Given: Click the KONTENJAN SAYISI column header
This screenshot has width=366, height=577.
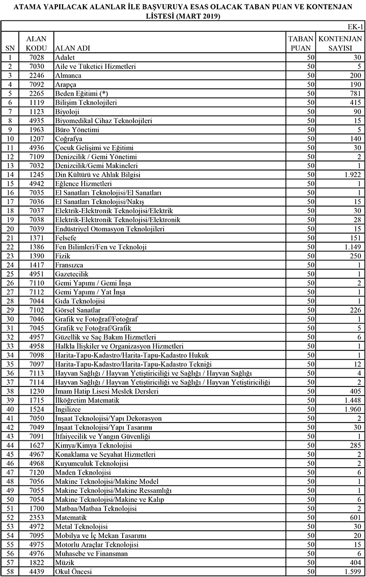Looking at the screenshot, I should click(x=340, y=44).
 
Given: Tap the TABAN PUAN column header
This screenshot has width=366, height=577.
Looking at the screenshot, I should click(x=300, y=44).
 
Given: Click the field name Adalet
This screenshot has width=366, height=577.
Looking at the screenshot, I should click(x=65, y=57).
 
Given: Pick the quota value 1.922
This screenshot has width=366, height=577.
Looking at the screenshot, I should click(x=350, y=174).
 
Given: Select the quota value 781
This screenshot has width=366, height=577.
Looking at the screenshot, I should click(x=354, y=93).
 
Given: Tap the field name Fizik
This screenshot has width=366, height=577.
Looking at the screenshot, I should click(x=62, y=256).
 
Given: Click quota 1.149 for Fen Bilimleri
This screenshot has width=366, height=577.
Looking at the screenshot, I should click(x=350, y=247).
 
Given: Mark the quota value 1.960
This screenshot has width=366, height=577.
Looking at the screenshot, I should click(x=350, y=409).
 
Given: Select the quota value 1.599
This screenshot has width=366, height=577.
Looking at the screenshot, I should click(x=350, y=572).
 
